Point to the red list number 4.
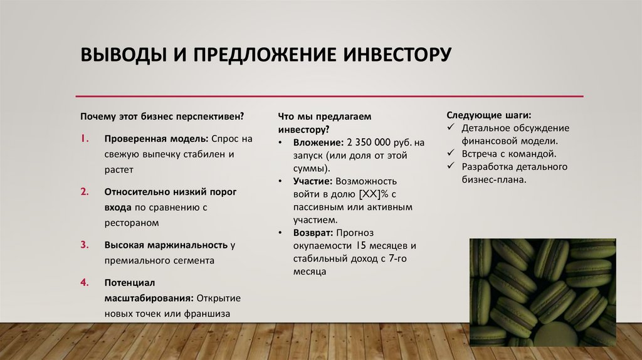(84, 283)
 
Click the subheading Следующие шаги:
(489, 116)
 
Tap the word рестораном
(132, 222)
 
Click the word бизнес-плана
(493, 179)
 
